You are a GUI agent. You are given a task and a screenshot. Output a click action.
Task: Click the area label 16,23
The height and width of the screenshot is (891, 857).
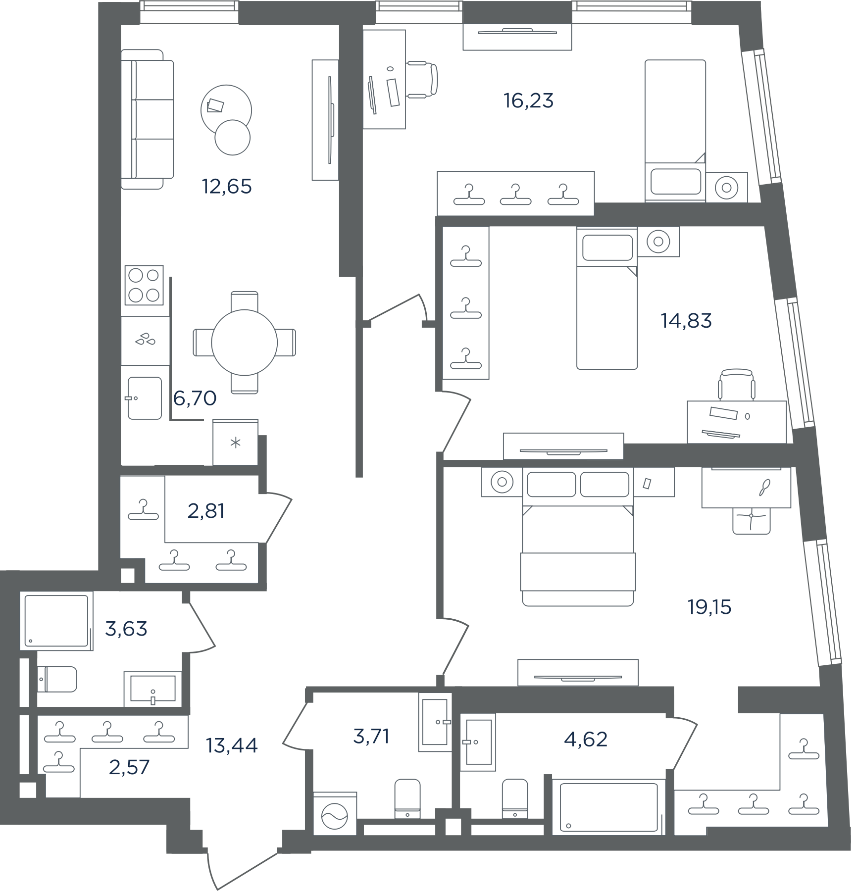pos(528,101)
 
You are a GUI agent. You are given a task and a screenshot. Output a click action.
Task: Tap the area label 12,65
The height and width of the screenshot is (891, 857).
pos(227,187)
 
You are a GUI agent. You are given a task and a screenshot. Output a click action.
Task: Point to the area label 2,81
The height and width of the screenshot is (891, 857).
pos(206,511)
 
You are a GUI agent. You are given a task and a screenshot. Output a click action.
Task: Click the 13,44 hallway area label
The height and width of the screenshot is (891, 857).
pos(232,745)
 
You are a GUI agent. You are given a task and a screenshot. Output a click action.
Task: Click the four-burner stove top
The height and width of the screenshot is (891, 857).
pos(144,285)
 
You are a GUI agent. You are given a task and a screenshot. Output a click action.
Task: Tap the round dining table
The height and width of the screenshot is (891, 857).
pos(244,343)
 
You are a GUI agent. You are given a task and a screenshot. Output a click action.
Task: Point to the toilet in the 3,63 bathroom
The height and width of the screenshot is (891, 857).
pos(57,679)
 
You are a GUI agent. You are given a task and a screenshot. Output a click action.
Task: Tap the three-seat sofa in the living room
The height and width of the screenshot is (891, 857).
pos(148,119)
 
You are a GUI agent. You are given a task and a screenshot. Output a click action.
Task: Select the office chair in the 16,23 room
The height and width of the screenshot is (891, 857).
pos(422,79)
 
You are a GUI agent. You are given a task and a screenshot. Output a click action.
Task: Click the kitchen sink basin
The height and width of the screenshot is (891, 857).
pos(145,398)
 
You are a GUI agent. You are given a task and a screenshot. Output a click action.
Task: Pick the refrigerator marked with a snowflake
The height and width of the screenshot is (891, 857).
pos(235,442)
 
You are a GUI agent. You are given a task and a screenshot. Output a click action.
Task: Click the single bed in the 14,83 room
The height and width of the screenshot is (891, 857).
pos(607,298)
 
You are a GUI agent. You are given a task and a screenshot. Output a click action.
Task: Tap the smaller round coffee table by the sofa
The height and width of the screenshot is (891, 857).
pos(233,138)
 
